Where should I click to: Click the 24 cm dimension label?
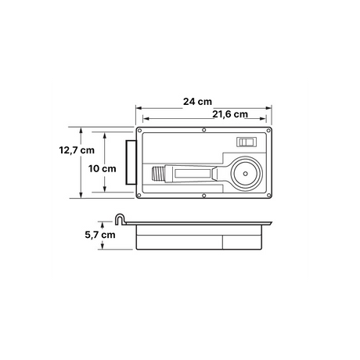coord(197,102)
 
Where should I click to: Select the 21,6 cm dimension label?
coord(230,114)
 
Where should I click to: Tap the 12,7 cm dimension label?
coord(77,150)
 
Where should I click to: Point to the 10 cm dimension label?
coord(102,169)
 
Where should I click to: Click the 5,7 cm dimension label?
coord(100,235)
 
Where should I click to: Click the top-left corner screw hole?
coord(139,130)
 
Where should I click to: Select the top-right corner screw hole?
coord(268,130)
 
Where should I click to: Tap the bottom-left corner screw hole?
coord(139,195)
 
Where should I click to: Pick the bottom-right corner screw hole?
coord(268,195)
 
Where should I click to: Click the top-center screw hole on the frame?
coord(204,130)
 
